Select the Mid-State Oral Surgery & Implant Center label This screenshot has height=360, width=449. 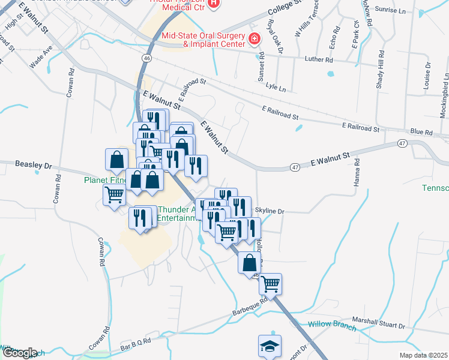(203, 40)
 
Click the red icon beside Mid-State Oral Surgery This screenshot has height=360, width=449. (255, 40)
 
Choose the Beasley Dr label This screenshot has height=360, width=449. (34, 164)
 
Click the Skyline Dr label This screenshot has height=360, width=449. (270, 211)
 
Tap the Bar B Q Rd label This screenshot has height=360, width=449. (135, 343)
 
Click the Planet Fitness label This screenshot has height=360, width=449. (106, 179)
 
